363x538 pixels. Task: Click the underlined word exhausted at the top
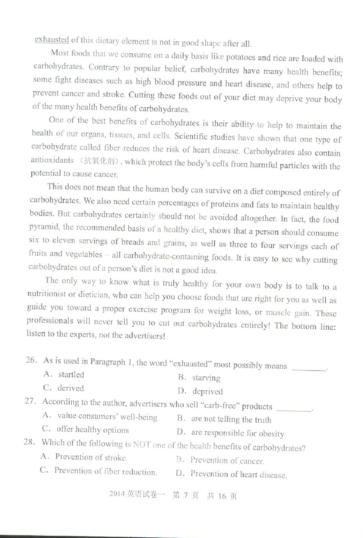[52, 40]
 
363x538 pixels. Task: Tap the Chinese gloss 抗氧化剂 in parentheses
[99, 161]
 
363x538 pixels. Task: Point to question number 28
[29, 442]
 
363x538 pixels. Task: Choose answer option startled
[71, 374]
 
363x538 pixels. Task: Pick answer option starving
[206, 378]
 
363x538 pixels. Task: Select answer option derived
[70, 388]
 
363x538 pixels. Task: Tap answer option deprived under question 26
[207, 391]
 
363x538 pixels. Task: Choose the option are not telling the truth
[231, 419]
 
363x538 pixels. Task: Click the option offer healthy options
[93, 430]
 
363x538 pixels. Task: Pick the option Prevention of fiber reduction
[105, 471]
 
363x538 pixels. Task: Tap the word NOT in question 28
[141, 444]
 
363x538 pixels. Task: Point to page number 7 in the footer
[186, 496]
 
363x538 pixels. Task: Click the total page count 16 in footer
[222, 496]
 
